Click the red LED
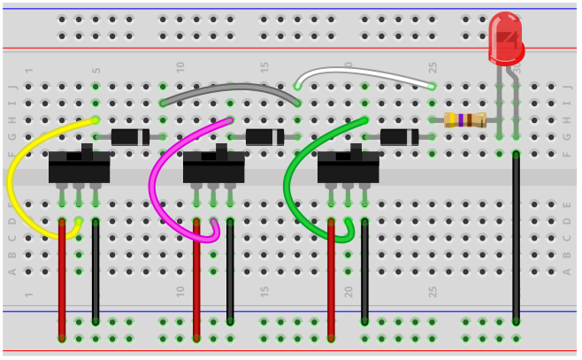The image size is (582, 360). (x=505, y=40)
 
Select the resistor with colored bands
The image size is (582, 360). (x=465, y=120)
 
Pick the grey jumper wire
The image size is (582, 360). (x=230, y=88)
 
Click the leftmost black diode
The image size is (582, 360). (x=130, y=136)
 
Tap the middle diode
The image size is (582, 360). (x=264, y=136)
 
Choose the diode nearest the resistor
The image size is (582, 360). (x=399, y=136)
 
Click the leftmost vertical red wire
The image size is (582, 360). (x=62, y=279)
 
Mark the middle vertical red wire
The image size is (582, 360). (x=196, y=279)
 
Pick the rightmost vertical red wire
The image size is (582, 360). (x=331, y=279)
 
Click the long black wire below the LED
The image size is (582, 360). (x=516, y=239)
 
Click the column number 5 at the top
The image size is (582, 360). (x=96, y=71)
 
